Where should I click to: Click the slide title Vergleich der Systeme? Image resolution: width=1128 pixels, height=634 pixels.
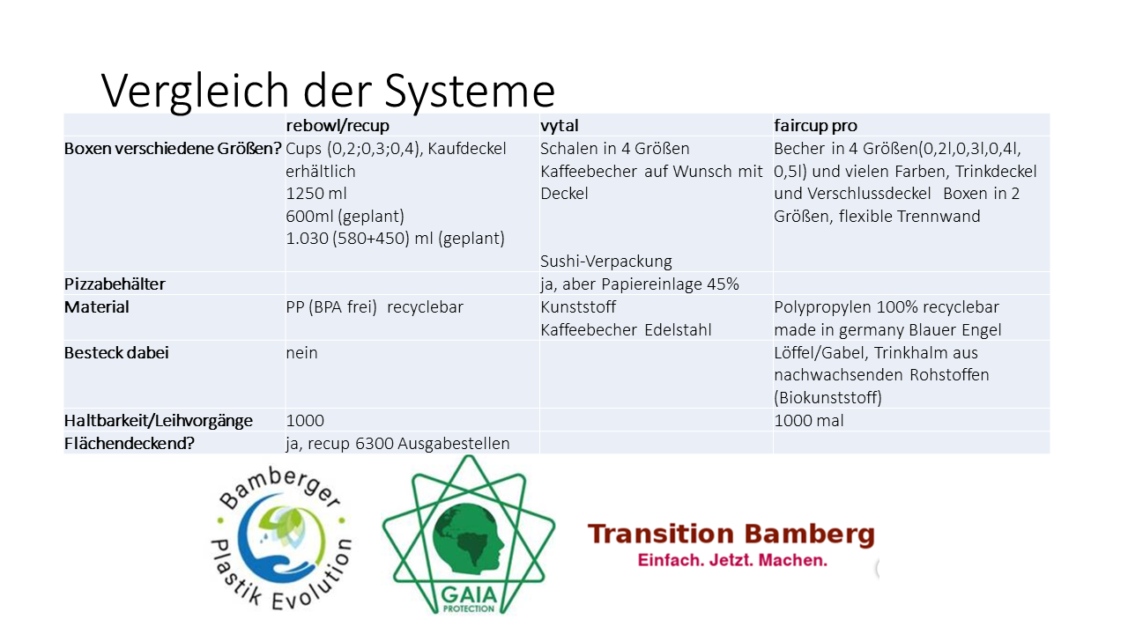pyautogui.click(x=328, y=91)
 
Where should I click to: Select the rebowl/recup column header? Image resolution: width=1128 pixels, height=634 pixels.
pyautogui.click(x=338, y=126)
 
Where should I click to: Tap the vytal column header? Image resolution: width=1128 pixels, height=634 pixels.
pyautogui.click(x=559, y=126)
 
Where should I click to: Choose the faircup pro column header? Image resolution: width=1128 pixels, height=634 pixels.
pyautogui.click(x=815, y=126)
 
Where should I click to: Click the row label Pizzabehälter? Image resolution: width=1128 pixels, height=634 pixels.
pyautogui.click(x=115, y=284)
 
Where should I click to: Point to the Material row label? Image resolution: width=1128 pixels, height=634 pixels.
pyautogui.click(x=96, y=307)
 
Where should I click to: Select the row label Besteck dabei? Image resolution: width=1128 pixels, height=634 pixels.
pyautogui.click(x=116, y=353)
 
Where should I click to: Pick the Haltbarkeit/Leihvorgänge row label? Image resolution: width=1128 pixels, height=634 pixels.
pyautogui.click(x=158, y=421)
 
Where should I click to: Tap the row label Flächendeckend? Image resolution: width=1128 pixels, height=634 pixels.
pyautogui.click(x=129, y=443)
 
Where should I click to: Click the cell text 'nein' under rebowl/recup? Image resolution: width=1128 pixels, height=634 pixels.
pyautogui.click(x=301, y=353)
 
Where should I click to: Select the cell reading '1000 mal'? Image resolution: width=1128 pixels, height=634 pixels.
pyautogui.click(x=808, y=421)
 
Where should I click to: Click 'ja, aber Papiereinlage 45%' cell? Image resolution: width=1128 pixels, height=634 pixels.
pyautogui.click(x=640, y=284)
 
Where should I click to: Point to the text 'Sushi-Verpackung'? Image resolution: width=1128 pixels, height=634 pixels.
pyautogui.click(x=605, y=262)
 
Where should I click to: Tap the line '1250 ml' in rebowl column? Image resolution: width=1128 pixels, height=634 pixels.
pyautogui.click(x=316, y=194)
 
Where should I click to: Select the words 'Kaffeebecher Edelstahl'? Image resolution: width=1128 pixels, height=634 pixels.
pyautogui.click(x=626, y=330)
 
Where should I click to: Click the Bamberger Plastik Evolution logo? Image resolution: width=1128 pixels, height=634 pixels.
pyautogui.click(x=281, y=538)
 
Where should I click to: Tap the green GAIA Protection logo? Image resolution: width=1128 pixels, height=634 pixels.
pyautogui.click(x=468, y=534)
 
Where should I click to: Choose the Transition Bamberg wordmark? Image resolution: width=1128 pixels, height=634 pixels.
pyautogui.click(x=731, y=534)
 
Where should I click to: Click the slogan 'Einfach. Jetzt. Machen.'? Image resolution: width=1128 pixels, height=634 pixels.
pyautogui.click(x=732, y=560)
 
